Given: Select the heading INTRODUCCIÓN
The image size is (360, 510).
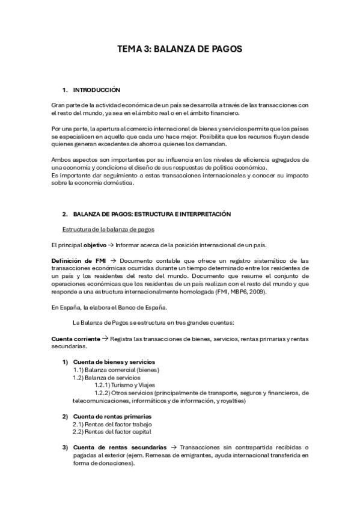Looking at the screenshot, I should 96,90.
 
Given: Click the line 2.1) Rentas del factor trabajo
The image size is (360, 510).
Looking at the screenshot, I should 110,424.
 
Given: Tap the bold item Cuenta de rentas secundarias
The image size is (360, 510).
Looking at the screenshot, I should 120,447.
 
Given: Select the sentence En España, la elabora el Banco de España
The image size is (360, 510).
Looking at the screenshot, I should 105,307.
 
